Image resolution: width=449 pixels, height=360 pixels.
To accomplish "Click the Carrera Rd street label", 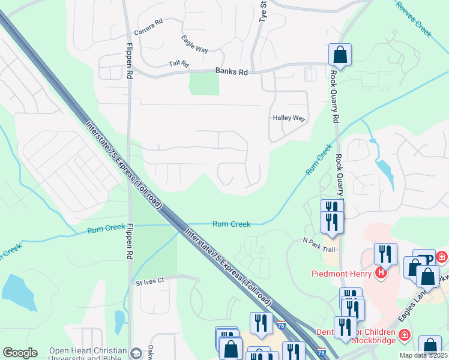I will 148,26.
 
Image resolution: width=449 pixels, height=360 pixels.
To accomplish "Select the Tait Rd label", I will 178,64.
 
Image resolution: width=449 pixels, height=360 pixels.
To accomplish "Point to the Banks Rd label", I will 231,72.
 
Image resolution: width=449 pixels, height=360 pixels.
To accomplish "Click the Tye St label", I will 262,11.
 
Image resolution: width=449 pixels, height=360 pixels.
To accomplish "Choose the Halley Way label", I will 289,118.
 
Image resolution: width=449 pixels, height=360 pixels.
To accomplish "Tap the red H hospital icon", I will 380,274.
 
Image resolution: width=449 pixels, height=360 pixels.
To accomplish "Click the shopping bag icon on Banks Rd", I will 340,55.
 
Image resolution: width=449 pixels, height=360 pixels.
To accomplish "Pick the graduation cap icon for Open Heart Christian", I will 136,352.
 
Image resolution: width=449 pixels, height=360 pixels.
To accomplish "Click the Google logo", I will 19,353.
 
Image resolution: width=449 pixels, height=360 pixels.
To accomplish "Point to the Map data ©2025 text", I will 423,355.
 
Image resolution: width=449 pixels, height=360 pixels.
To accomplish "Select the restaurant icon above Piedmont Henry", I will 385,254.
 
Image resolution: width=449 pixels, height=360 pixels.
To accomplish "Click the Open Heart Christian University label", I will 87,351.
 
